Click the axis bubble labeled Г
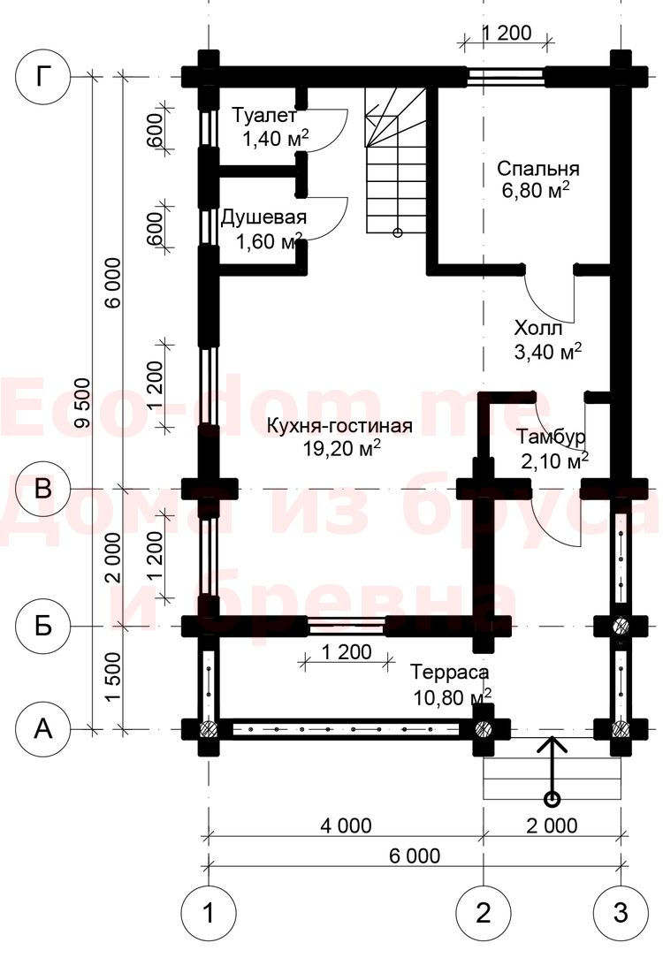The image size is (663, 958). (42, 77)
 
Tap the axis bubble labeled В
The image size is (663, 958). (42, 489)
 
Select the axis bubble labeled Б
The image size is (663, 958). (42, 626)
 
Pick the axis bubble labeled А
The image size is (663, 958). (42, 728)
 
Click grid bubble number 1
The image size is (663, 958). (208, 913)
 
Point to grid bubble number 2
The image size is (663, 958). (483, 913)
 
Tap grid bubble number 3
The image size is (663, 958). (621, 913)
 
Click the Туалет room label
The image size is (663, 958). (264, 115)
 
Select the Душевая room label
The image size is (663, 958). (263, 217)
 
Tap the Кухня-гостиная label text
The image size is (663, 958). (339, 425)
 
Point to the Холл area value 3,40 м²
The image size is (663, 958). (548, 352)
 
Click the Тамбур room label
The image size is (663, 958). (552, 437)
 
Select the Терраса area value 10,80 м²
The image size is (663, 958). (453, 696)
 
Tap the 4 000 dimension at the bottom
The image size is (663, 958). (346, 825)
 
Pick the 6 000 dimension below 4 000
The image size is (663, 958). (415, 856)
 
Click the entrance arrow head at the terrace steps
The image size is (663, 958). (552, 745)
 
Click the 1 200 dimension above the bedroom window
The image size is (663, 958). (507, 32)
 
